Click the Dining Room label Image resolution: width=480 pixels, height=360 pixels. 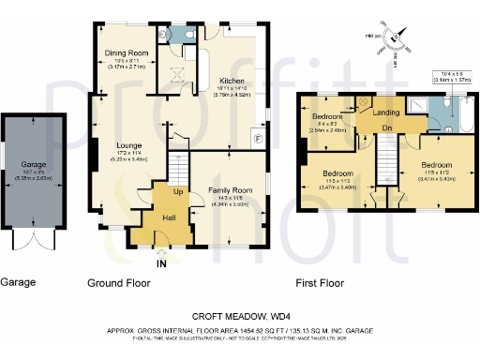coord(125,53)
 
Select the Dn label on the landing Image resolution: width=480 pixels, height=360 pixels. coord(384,127)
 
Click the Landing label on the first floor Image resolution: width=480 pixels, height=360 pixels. coord(384,112)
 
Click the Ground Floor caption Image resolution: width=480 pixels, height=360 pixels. coord(119,282)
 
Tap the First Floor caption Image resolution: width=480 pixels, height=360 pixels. coord(322,282)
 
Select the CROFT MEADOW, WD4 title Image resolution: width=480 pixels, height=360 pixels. coord(241,316)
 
